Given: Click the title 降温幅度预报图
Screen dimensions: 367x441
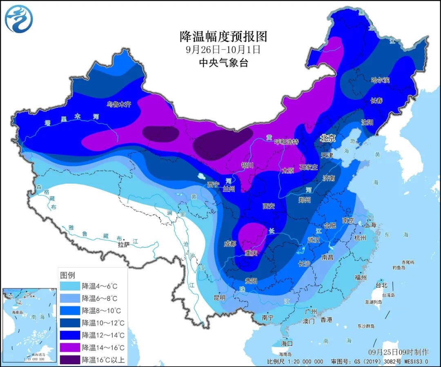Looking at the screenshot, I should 223,37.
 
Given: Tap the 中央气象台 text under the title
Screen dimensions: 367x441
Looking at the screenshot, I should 223,62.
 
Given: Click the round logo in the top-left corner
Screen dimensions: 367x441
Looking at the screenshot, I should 19,19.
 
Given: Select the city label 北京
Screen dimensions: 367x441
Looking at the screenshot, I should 327,139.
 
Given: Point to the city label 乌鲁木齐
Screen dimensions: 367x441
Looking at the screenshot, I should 119,104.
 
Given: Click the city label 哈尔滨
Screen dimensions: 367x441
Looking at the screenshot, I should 380,80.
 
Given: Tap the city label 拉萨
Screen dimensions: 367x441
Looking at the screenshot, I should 124,245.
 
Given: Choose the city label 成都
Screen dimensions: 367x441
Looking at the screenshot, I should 230,244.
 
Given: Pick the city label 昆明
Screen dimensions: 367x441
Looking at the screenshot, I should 219,298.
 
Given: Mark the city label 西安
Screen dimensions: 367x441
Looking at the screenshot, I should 268,206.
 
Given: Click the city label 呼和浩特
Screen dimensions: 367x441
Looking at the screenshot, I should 286,142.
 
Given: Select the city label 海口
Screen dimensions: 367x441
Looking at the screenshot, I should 287,343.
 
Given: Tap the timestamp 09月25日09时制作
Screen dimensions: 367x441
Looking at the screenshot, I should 398,352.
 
